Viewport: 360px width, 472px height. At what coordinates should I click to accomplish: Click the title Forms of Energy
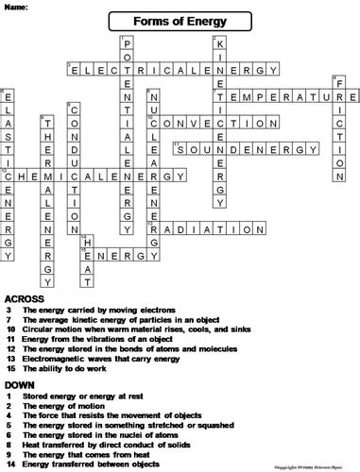click(180, 20)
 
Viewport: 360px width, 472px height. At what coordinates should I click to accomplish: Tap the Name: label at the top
click(16, 6)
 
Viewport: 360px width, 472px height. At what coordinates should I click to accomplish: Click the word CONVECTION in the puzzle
click(208, 123)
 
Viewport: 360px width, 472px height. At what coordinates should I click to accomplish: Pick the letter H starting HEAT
click(88, 242)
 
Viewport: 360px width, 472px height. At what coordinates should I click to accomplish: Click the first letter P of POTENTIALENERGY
click(128, 43)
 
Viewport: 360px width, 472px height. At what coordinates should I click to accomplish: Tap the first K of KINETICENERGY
click(220, 43)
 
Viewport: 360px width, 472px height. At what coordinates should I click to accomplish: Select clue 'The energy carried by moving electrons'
click(94, 310)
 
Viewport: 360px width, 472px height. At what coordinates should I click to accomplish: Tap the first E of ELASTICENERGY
click(9, 96)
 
